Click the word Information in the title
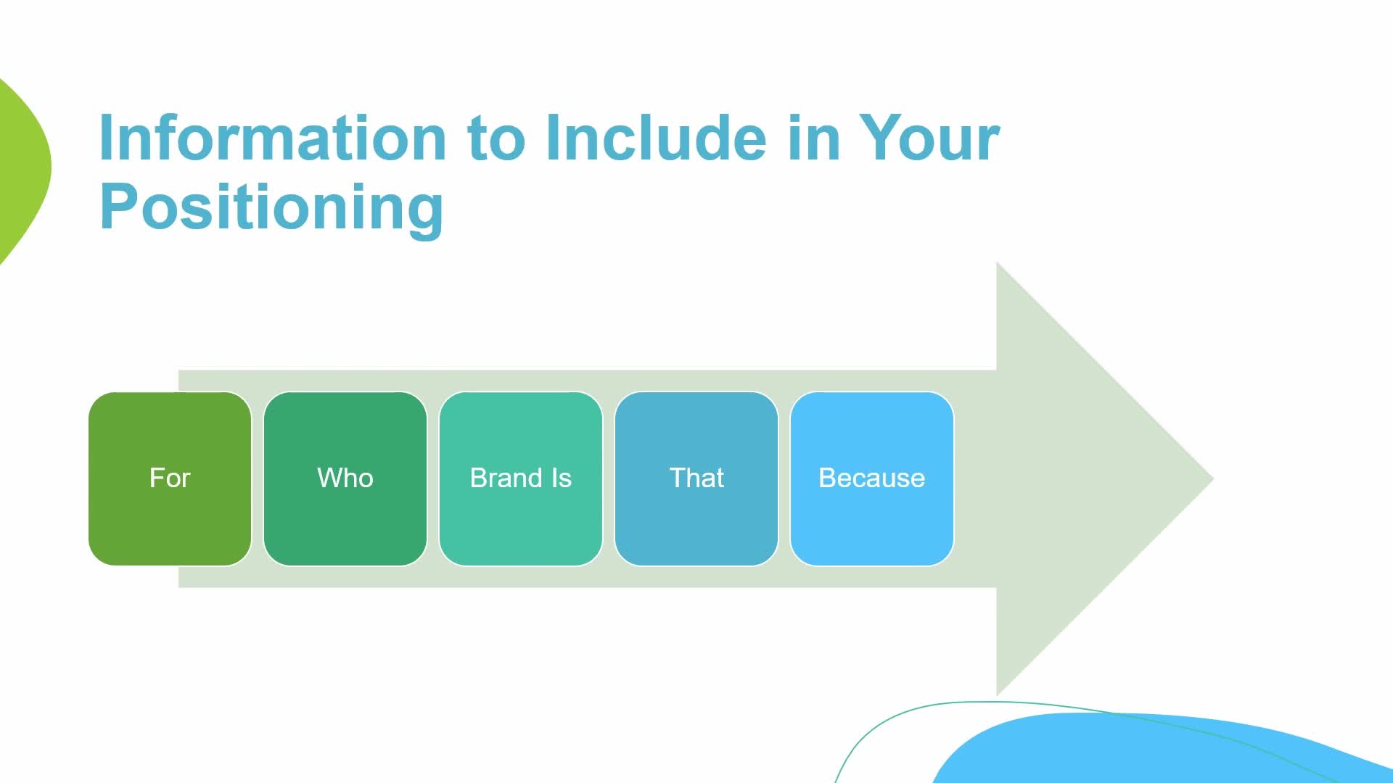coord(273,138)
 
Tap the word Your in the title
coord(929,138)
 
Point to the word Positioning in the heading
coord(271,208)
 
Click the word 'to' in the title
coord(496,139)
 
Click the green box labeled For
coord(170,478)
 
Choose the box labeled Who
coord(345,478)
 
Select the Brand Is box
coord(521,478)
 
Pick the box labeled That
coord(696,478)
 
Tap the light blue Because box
coord(872,478)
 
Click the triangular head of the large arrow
coord(1088,478)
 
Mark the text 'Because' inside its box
coord(872,478)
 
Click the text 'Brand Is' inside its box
coord(521,478)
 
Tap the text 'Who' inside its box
coord(345,478)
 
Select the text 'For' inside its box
coord(170,478)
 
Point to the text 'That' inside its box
coord(696,478)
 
